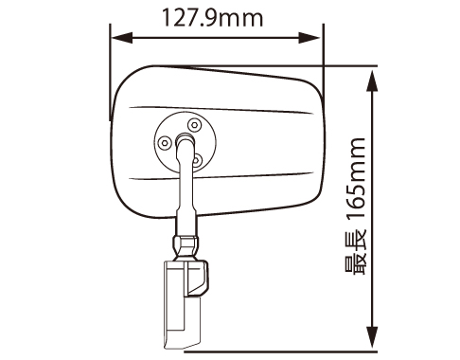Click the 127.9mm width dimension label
[212, 18]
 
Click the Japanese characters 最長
[356, 253]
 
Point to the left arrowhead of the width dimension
[122, 38]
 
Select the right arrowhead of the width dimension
[310, 38]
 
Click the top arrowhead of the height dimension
[373, 81]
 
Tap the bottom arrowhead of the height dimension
[373, 337]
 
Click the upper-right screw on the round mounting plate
[194, 125]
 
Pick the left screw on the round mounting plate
[165, 143]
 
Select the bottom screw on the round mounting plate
[197, 161]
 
